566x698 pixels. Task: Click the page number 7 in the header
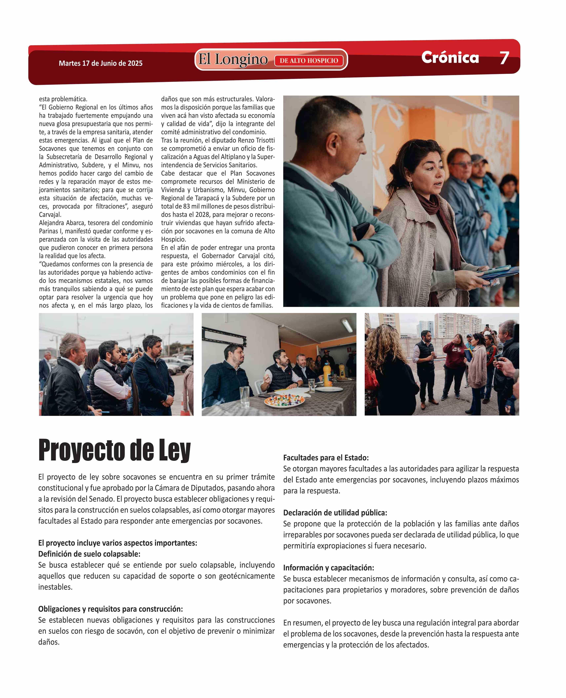(x=504, y=58)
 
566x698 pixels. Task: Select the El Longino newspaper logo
(x=233, y=60)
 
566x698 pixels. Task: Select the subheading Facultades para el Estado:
(x=326, y=458)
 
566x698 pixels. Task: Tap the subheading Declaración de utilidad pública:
(x=335, y=513)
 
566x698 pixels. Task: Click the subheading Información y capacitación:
(x=328, y=568)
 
